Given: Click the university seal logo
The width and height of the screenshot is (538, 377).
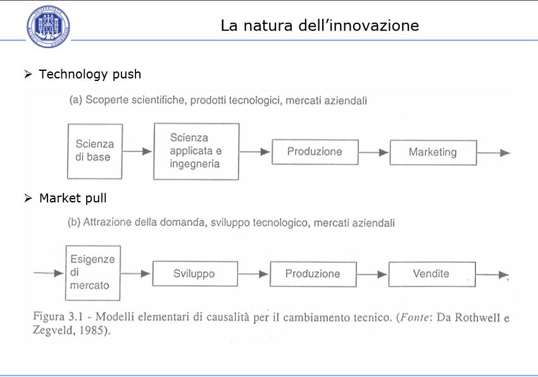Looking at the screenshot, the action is (48, 27).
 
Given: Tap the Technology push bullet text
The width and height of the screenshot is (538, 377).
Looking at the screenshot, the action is (90, 74).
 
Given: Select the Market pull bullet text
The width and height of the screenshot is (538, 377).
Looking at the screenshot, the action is (73, 198).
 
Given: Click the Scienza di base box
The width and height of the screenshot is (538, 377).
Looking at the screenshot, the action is (95, 151).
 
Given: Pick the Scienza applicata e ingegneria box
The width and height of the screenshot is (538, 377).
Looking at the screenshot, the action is (196, 151).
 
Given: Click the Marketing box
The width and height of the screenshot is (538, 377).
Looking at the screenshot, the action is (434, 152).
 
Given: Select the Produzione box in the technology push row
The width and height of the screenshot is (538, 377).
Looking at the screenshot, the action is (315, 152).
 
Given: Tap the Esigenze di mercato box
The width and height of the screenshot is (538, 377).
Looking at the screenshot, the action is (93, 273).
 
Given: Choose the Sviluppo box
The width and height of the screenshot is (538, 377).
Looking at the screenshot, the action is (195, 273).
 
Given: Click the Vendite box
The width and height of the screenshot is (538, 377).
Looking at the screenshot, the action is (432, 274).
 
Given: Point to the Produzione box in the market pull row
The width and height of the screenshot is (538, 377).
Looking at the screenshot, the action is (313, 274).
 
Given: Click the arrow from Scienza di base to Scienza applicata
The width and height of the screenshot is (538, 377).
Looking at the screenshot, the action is (137, 151).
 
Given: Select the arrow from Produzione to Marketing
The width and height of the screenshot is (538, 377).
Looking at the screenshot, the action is (373, 152).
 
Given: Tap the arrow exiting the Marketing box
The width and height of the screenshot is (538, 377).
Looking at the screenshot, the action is (494, 152).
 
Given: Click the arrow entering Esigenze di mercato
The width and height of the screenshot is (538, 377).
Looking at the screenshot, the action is (49, 273).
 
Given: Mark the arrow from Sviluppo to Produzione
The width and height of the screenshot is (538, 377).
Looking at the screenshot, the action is (253, 274).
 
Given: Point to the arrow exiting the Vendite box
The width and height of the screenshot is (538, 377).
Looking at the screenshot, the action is (492, 275).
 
